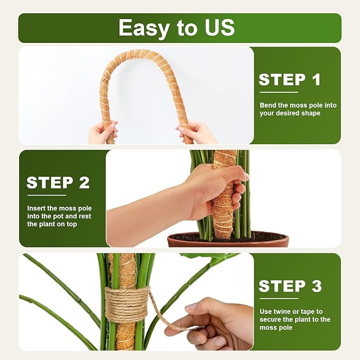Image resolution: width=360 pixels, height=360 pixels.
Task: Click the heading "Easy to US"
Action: (176, 28)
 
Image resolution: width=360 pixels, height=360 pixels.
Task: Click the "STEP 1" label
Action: (290, 80)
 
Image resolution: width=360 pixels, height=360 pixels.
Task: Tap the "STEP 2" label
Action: (58, 183)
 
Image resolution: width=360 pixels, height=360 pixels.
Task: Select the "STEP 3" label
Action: (290, 286)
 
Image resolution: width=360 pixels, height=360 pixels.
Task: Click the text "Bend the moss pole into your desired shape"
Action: (297, 109)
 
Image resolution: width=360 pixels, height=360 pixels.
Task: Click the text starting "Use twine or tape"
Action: (295, 319)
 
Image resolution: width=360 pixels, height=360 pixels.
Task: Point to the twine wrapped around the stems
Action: (126, 304)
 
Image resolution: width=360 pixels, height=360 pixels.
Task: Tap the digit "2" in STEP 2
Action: (84, 183)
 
